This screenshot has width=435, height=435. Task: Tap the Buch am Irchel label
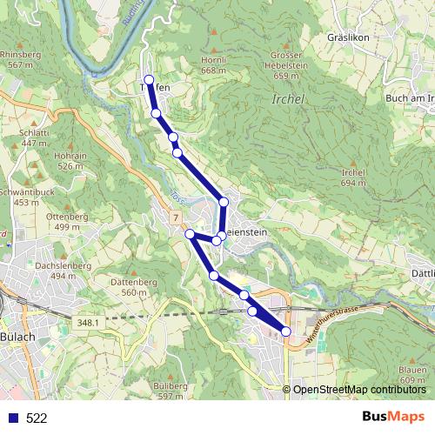point(408,98)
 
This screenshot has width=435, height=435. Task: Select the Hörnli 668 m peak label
point(213,65)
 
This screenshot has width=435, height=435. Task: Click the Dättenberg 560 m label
point(133,288)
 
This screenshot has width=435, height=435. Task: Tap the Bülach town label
point(17,337)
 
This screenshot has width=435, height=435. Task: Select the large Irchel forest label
point(288,99)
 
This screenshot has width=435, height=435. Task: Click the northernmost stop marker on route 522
point(149,80)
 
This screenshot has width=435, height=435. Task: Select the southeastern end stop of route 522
point(286,331)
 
